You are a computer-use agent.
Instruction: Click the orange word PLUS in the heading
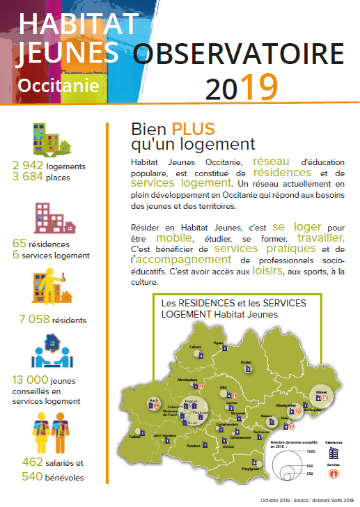coord(193,129)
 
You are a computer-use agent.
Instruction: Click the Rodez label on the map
coord(246,362)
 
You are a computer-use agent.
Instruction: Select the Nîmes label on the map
coord(321,392)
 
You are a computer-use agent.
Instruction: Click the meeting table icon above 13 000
coord(51,354)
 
